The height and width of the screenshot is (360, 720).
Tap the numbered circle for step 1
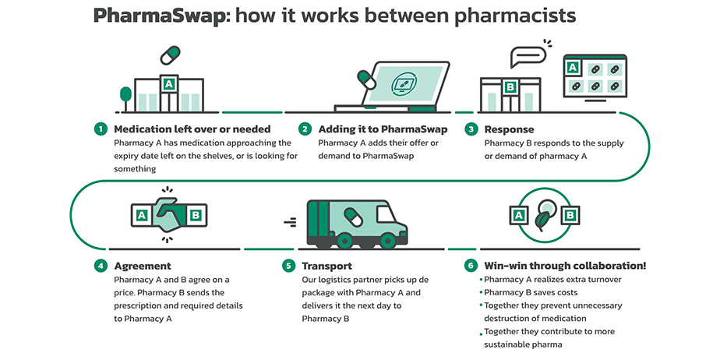coord(101,129)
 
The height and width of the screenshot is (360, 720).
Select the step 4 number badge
coord(101,266)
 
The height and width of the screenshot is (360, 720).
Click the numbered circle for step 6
coord(471,266)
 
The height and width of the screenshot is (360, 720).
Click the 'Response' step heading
coord(509,129)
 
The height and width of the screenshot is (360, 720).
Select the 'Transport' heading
coord(327,266)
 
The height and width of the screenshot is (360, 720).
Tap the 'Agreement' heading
coord(143,266)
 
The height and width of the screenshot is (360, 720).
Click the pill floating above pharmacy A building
coord(170,57)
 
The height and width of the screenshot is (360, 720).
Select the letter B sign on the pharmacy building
coord(510,86)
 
